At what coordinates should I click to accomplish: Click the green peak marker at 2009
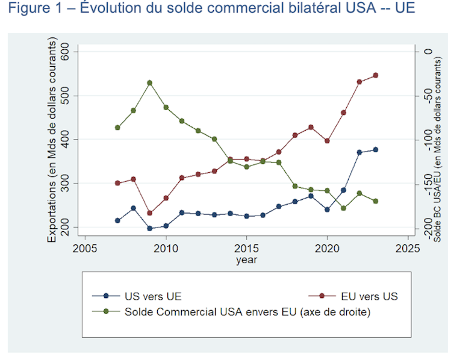[x=149, y=82]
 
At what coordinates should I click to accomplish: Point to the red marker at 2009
[x=149, y=213]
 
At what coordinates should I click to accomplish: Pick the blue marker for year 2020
[x=327, y=209]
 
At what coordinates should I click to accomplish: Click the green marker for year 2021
[x=343, y=208]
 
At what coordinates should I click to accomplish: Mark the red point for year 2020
[x=327, y=141]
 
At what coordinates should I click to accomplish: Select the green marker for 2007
[x=117, y=128]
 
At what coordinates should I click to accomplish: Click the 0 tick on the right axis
[x=428, y=52]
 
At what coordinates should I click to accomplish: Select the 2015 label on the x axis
[x=246, y=248]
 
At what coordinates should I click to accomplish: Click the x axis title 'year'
[x=246, y=259]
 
